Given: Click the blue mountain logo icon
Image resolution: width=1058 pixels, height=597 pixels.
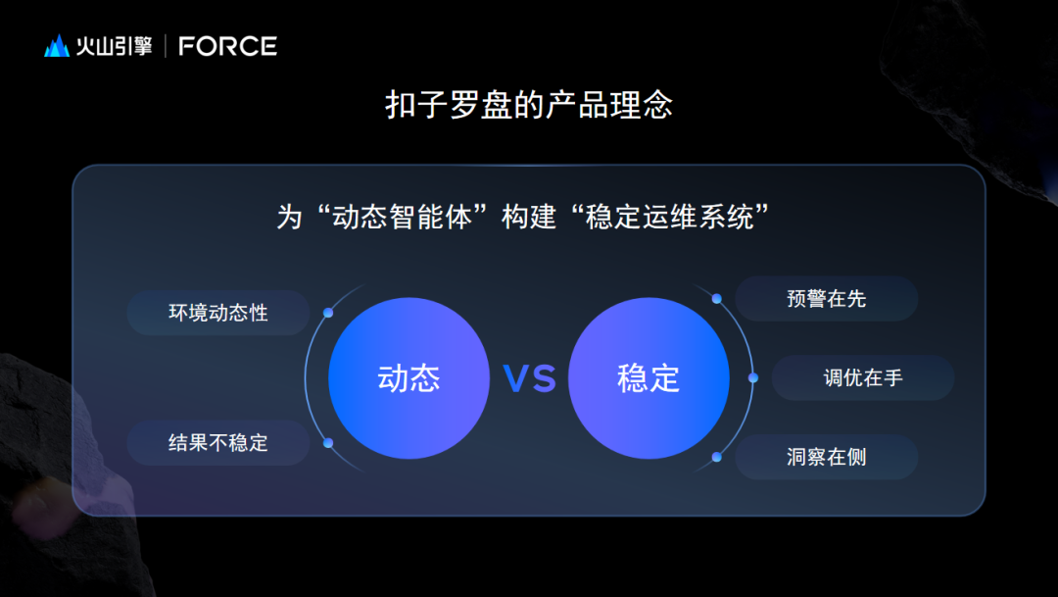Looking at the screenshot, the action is coord(57,46).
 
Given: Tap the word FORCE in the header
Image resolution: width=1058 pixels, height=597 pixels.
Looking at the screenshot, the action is coord(227,46).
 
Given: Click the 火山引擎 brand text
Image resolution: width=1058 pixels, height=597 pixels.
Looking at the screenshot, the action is coord(114,46).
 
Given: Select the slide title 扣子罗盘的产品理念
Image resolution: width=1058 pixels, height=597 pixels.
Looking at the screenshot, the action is coord(529,105).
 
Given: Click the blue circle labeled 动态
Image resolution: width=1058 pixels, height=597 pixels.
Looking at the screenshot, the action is coord(409,378).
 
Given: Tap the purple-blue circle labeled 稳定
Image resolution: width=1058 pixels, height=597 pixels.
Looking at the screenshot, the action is coord(649,378).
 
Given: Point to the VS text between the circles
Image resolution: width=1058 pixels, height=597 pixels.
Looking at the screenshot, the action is coord(530,378).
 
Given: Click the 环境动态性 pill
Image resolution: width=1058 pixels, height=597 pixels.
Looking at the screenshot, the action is coord(217,313).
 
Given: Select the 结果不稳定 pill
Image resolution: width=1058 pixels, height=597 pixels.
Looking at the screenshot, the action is coord(217,443).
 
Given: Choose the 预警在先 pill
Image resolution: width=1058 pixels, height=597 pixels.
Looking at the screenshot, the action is coord(827,298).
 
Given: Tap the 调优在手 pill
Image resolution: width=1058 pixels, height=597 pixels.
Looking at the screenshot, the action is coord(863,377).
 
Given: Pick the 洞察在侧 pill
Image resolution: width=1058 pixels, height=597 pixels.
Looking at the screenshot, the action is coord(827,457).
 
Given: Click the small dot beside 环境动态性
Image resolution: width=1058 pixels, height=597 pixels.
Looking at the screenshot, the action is coord(328,313).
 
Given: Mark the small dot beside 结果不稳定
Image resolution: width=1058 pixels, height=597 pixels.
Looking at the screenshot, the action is coord(328,443).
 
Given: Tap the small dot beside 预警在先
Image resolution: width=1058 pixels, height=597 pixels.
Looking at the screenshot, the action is coord(716,298).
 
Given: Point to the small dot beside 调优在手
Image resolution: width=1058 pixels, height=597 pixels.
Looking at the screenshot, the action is coord(753,377).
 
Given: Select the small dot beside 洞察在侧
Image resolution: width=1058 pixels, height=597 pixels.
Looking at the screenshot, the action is coord(716,457).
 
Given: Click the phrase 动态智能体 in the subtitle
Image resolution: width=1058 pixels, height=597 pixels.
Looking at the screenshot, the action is coord(403,218).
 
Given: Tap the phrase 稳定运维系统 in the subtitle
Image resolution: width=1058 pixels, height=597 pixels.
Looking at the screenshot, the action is coord(669,218).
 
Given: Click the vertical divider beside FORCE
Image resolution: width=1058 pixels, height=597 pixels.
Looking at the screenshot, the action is coord(166,46).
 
